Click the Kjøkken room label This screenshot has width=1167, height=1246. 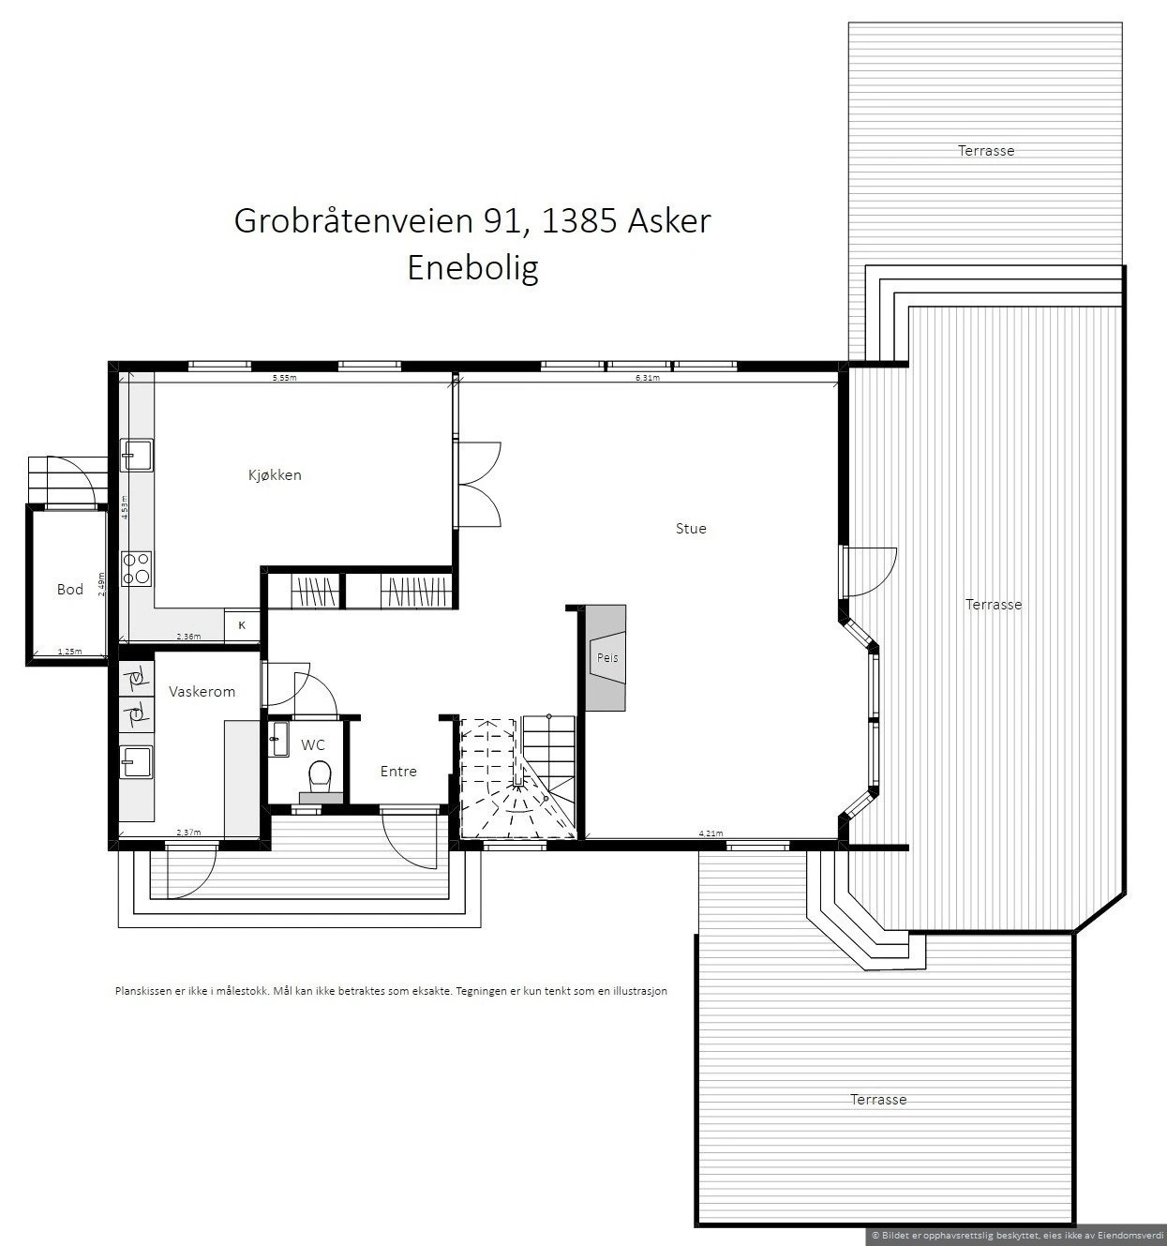[x=275, y=475]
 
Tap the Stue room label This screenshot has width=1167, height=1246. [x=691, y=529]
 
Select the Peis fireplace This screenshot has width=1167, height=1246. [x=607, y=658]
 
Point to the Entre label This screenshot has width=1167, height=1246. [x=398, y=772]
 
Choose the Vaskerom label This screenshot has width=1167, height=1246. [x=202, y=692]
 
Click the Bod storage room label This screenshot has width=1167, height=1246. [x=70, y=590]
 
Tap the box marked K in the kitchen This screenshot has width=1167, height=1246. [x=242, y=624]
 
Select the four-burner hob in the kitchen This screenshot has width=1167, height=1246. [x=137, y=568]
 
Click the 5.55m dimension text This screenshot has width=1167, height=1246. [x=284, y=379]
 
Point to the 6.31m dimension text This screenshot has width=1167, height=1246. [x=648, y=379]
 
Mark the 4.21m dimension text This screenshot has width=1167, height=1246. [x=711, y=833]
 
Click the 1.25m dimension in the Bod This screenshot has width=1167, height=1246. [x=69, y=652]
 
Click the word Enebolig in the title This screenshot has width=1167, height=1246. [x=472, y=269]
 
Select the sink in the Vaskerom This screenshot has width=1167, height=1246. [x=137, y=761]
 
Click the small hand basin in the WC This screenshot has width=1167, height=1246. [x=279, y=740]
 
